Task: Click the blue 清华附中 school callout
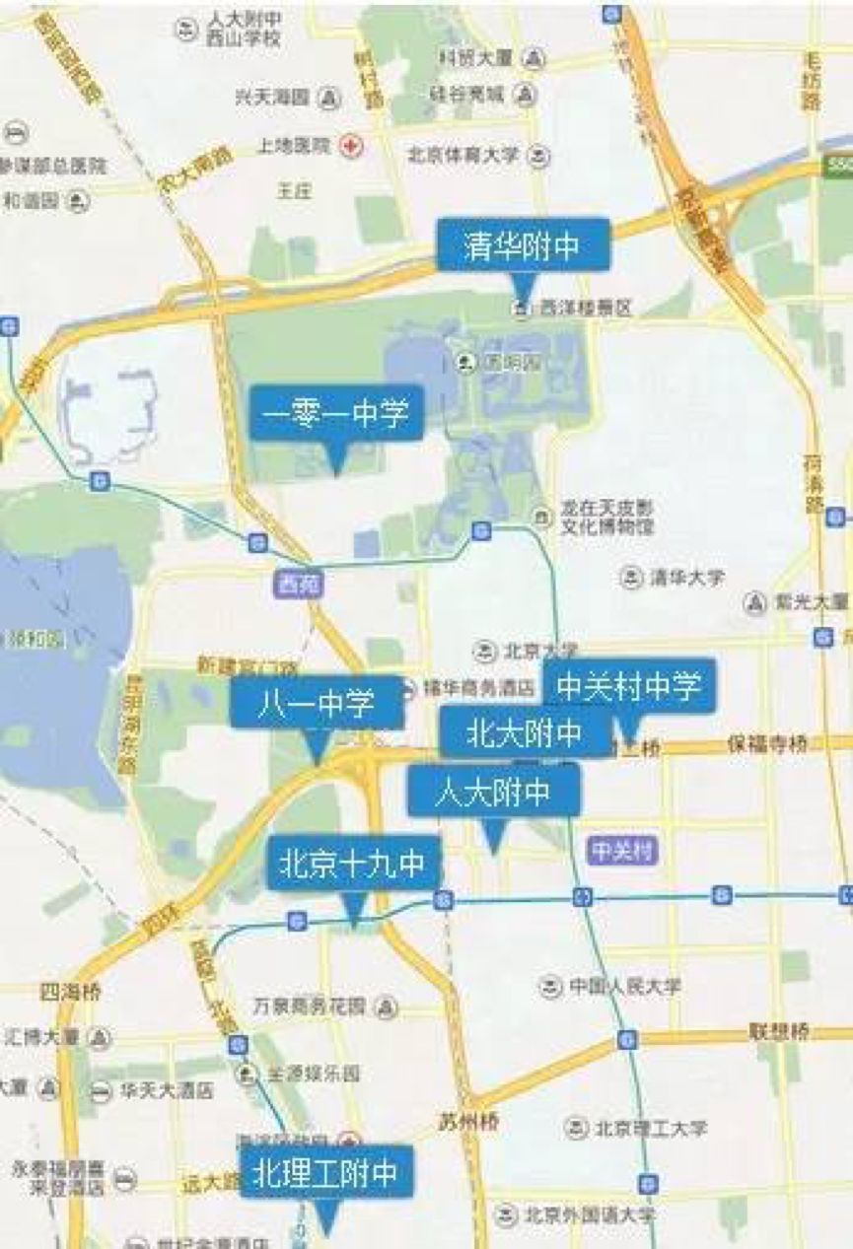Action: tap(524, 245)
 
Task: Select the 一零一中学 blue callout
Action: tap(335, 412)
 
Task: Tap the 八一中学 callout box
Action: tap(317, 703)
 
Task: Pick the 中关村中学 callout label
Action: tap(629, 685)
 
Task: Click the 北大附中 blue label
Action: tap(525, 732)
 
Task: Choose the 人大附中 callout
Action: tap(493, 792)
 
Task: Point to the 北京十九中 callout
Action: tap(353, 865)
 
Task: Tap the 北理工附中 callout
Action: tap(325, 1172)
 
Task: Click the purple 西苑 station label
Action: tap(295, 585)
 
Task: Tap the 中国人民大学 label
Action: tap(624, 985)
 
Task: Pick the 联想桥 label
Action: tap(778, 1032)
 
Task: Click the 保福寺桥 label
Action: tap(767, 743)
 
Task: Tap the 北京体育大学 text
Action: tap(466, 156)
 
